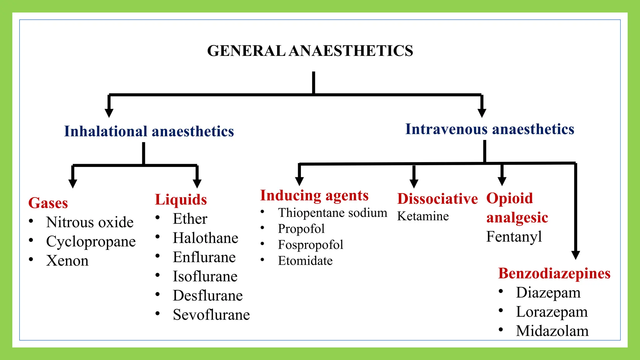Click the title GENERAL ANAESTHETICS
(310, 51)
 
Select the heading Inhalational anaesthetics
(149, 131)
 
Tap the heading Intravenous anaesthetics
(489, 129)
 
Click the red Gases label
(48, 203)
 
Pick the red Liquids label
(181, 200)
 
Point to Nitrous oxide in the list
(90, 222)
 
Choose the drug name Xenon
(67, 261)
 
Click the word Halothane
(205, 238)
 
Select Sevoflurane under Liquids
(211, 315)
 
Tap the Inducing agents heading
(314, 196)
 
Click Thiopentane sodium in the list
(332, 213)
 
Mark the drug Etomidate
(305, 261)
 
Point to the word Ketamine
(423, 216)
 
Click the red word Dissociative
(437, 199)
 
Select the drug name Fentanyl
(514, 237)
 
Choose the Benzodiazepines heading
(554, 273)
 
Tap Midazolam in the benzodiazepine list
(552, 331)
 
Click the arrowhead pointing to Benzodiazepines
(576, 255)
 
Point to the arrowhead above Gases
(73, 183)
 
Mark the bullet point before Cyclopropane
(31, 241)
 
